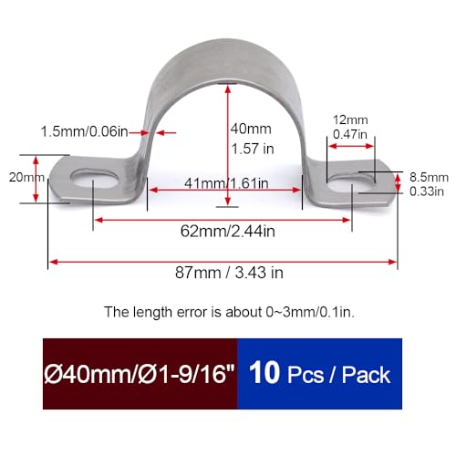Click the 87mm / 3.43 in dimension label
coord(223,273)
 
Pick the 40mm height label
coord(252,128)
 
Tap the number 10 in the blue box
coord(270,375)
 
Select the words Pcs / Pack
coord(342,376)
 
